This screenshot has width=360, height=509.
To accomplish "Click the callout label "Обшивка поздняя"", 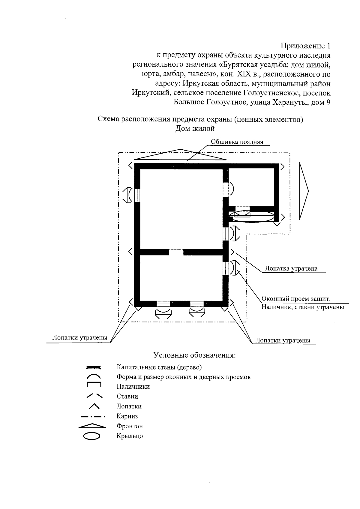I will tap(237, 142).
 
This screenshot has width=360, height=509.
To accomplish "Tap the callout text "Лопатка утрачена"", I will tap(291, 268).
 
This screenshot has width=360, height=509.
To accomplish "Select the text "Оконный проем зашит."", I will tap(296, 299).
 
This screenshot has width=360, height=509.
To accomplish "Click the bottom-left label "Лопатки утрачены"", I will tap(80, 337).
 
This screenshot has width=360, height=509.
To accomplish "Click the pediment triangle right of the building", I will tap(304, 191).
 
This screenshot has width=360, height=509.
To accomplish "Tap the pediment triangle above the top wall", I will tap(180, 154).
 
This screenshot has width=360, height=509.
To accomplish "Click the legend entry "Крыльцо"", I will tap(130, 436).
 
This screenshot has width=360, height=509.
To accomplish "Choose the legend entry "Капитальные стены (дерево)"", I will tap(159, 367).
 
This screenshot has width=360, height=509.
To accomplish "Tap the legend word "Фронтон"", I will tap(130, 426).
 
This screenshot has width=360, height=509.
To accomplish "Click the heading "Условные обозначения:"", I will tap(195, 355).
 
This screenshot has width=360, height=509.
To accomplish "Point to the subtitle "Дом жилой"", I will tap(195, 129).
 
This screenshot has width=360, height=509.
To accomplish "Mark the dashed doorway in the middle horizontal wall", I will tap(176, 252).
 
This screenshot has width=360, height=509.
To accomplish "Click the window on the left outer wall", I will tap(137, 195).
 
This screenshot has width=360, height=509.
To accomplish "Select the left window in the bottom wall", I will tap(163, 304).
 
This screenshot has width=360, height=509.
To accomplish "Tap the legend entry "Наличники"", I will tap(133, 387).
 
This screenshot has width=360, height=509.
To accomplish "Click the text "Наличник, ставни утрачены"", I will tap(302, 307).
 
